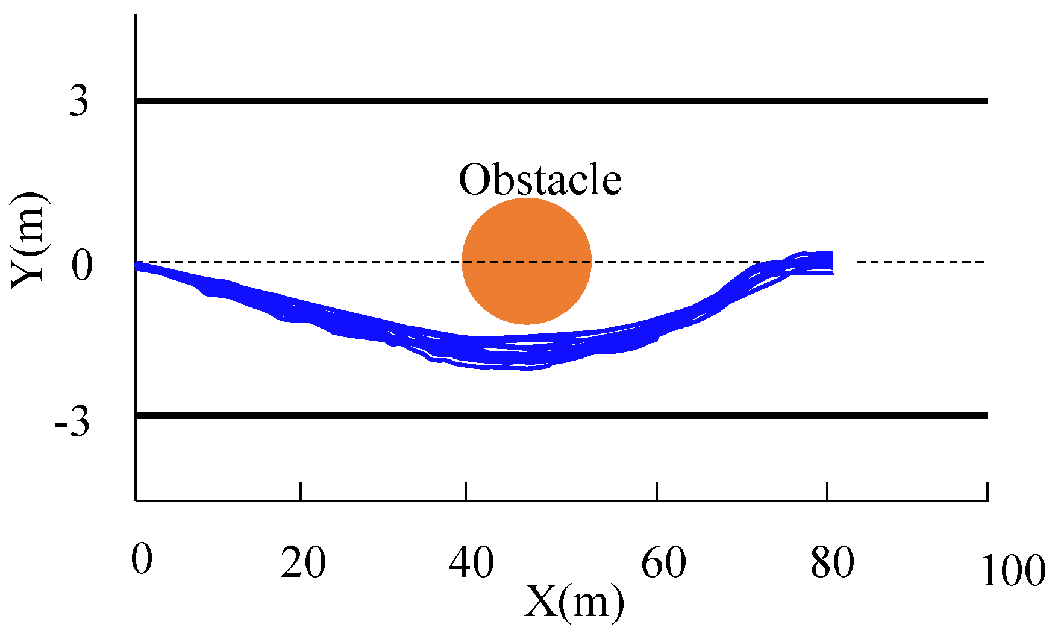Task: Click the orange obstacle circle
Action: pos(527,261)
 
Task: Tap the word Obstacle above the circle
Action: pos(540,180)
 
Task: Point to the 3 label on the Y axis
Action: pos(78,101)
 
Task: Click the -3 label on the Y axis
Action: pos(72,422)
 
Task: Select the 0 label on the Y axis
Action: pos(82,265)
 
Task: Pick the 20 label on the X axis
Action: pos(303,563)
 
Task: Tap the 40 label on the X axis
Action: pos(471,563)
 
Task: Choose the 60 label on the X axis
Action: pos(663,563)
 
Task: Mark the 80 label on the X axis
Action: pos(832,563)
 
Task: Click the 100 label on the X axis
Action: pos(1012,570)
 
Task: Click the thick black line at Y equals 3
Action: pos(560,101)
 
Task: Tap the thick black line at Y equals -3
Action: pos(560,415)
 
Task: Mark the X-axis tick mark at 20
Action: pos(301,491)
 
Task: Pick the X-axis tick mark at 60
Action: pos(657,491)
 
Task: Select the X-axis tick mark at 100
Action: pos(987,491)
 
